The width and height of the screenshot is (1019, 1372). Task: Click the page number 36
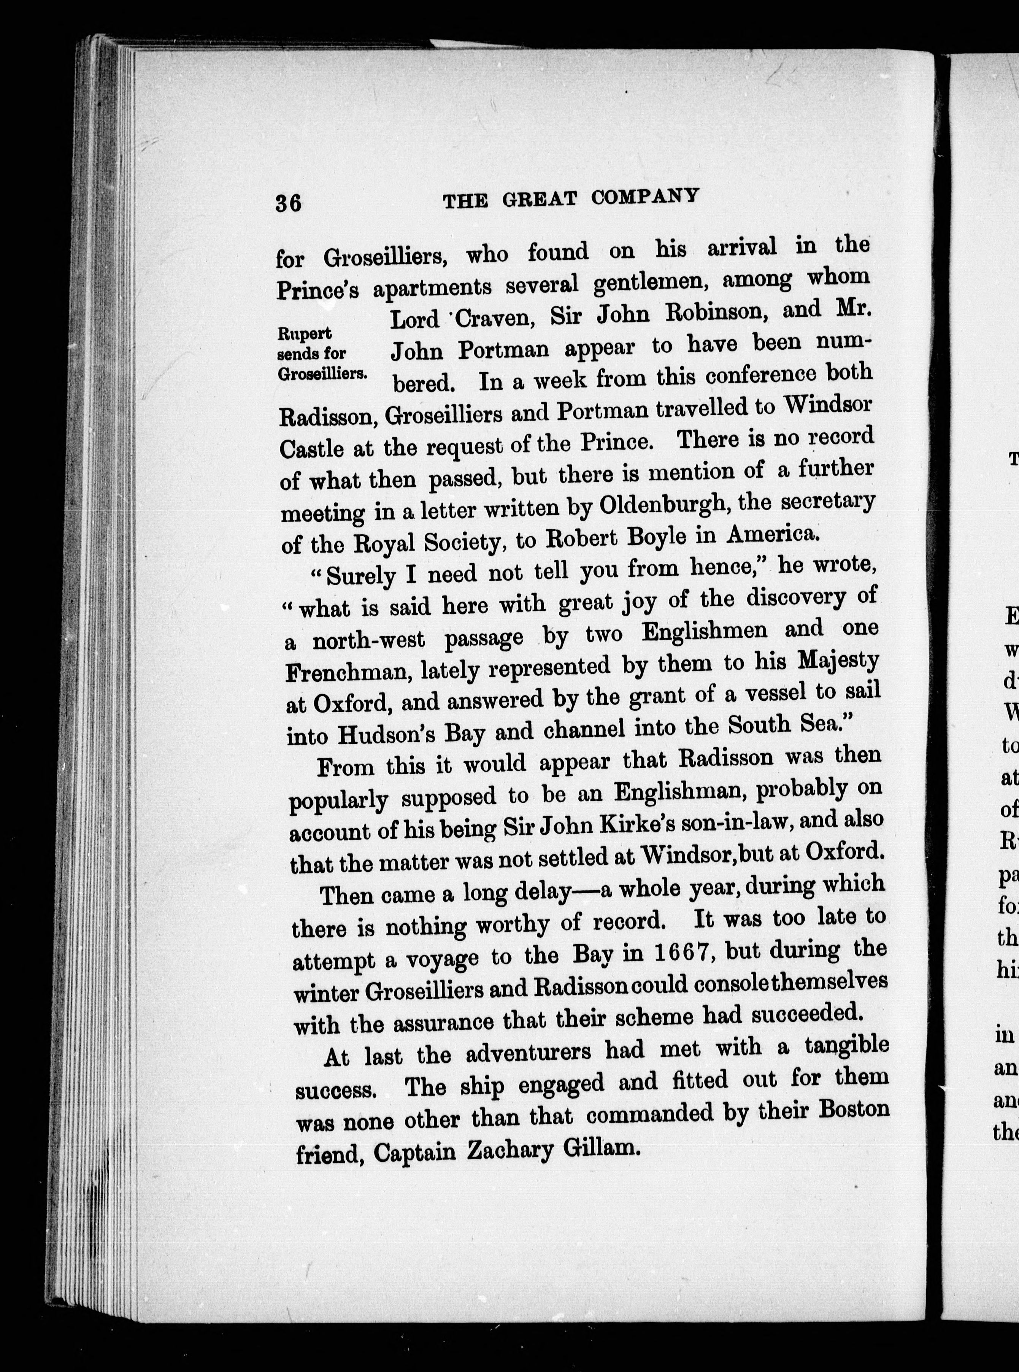point(288,202)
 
